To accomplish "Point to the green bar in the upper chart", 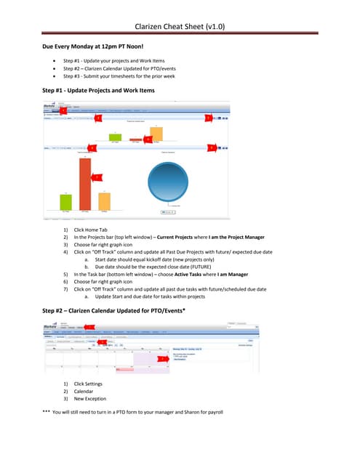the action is click(115, 137).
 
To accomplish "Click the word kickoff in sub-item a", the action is click(169, 259).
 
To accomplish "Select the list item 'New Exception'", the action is click(90, 399).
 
